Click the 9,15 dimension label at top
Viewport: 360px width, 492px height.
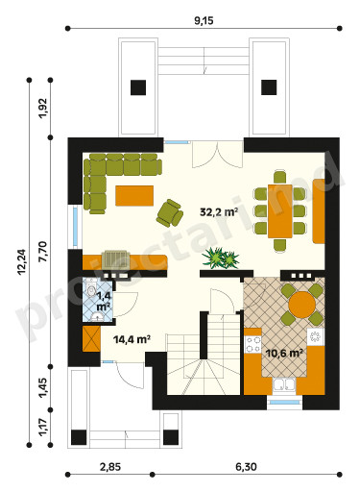click(204, 21)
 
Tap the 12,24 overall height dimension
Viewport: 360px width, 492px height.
click(22, 262)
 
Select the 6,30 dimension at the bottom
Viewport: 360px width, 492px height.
click(246, 467)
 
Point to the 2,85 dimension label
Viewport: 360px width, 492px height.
click(110, 467)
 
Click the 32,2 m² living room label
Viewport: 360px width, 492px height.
click(219, 211)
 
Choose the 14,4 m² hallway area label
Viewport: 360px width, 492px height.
click(132, 339)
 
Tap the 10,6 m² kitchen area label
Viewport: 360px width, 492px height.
click(284, 353)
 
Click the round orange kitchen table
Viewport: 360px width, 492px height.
click(301, 305)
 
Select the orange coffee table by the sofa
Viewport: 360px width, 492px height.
click(134, 196)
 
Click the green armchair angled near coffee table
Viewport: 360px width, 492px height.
click(170, 213)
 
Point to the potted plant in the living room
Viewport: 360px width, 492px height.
click(221, 258)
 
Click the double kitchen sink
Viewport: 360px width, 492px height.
click(284, 385)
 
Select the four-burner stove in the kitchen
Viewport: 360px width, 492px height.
click(252, 344)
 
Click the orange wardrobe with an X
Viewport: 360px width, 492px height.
click(91, 339)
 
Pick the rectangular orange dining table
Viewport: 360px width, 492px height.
click(280, 211)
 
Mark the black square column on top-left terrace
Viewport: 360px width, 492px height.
click(138, 87)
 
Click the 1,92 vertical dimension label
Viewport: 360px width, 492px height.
click(43, 109)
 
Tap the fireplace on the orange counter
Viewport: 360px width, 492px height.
click(116, 261)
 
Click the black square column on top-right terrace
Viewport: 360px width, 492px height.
click(269, 87)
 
